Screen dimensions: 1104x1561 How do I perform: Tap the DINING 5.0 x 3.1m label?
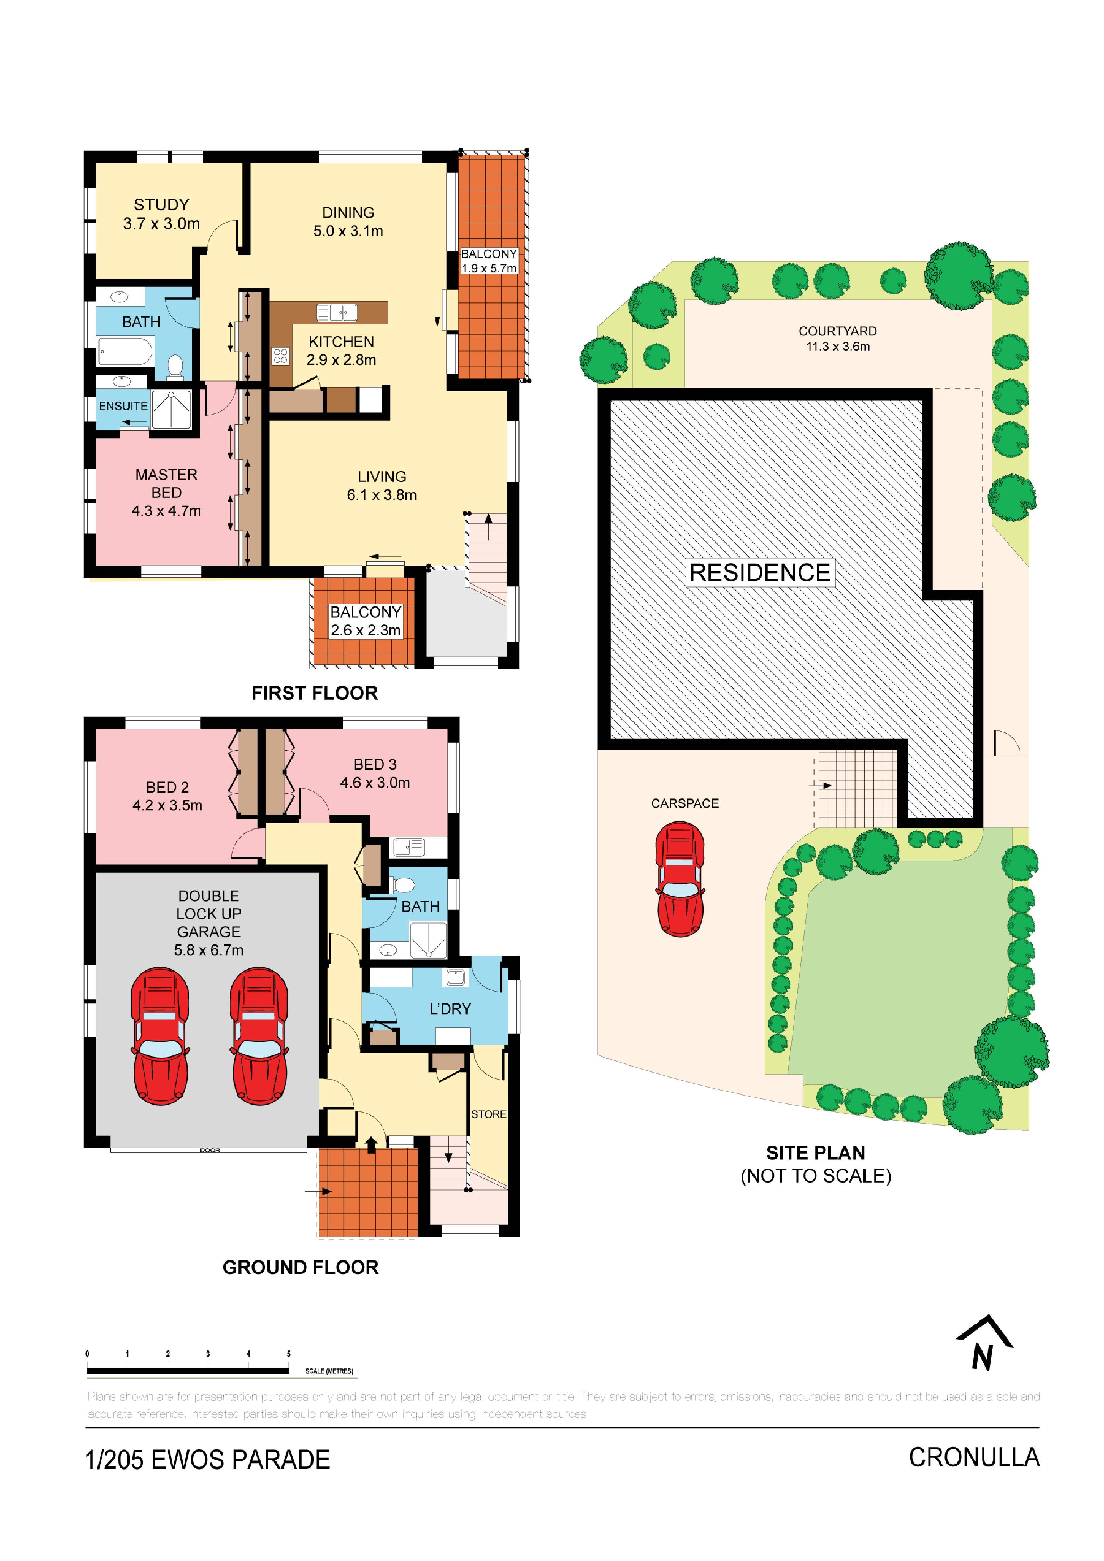[x=348, y=222]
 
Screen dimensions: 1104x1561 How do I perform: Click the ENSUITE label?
[x=123, y=406]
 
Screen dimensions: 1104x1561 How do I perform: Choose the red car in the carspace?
[x=680, y=879]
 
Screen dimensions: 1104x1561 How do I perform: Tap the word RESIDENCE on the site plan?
[x=760, y=572]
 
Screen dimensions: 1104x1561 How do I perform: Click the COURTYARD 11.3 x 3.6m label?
[x=838, y=339]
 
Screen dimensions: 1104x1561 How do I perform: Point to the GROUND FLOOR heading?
[x=301, y=1267]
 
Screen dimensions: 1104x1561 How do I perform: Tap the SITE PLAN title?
[x=816, y=1153]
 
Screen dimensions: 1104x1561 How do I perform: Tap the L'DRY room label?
[x=450, y=1009]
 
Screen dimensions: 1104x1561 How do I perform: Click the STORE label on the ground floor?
[x=489, y=1114]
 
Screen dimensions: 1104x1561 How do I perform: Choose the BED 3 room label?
[x=375, y=773]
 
